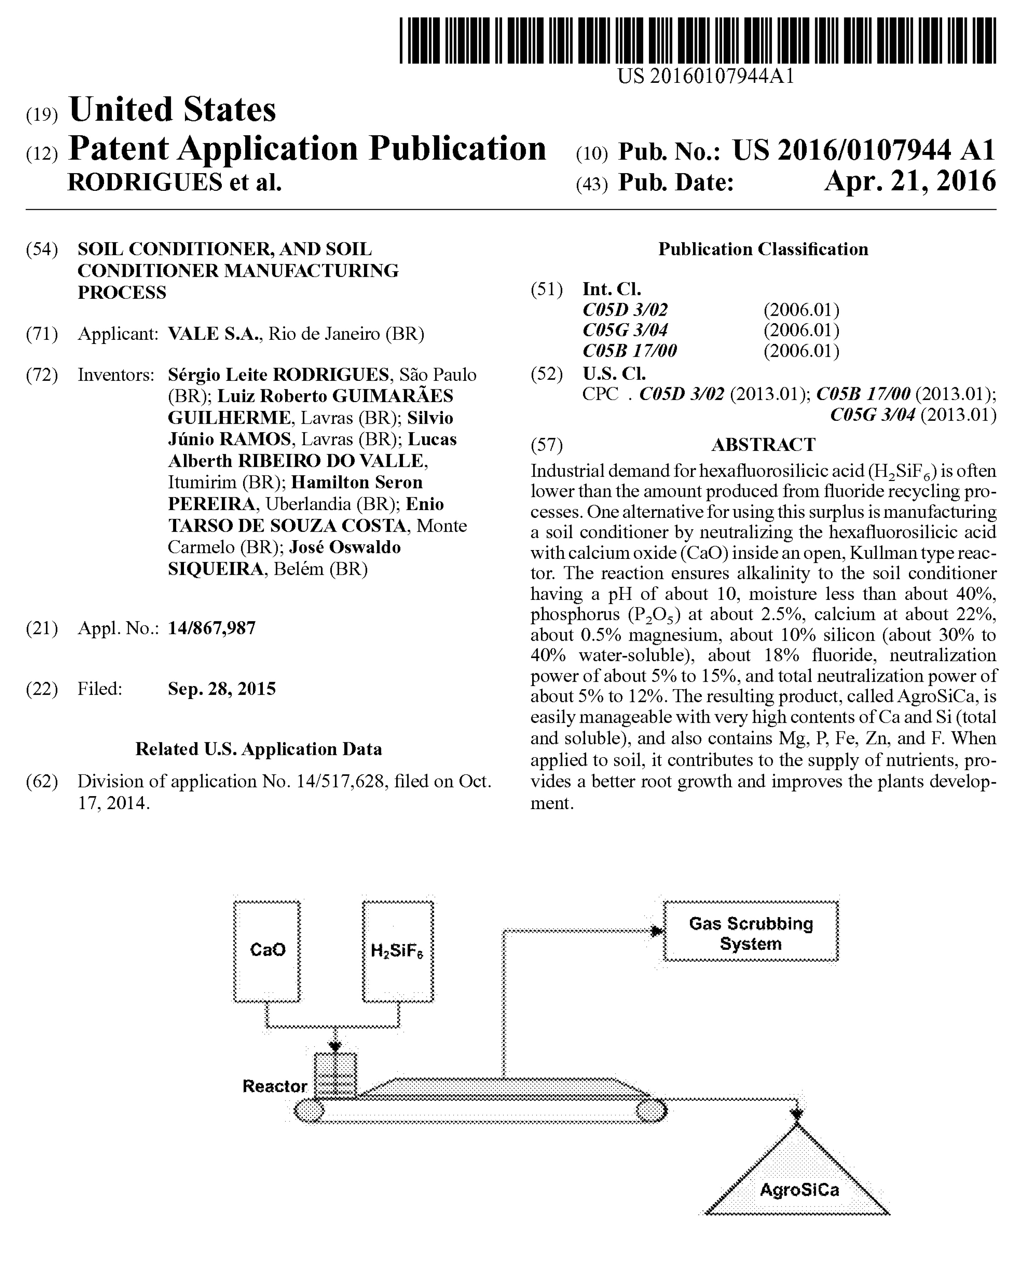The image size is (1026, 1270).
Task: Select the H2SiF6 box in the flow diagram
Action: (397, 951)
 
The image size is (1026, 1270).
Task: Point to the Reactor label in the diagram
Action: (274, 1086)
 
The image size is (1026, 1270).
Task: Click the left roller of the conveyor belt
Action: (309, 1110)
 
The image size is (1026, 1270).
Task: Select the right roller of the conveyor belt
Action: (651, 1110)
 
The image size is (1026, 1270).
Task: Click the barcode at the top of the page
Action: (697, 40)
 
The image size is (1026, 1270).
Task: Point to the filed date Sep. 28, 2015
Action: (221, 689)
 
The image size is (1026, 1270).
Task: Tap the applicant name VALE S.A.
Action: (214, 334)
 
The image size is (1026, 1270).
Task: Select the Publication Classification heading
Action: (763, 249)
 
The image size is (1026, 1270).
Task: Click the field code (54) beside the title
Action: (42, 249)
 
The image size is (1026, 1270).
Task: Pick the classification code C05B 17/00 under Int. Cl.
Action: (629, 351)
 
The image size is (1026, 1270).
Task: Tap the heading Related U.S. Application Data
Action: (258, 749)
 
